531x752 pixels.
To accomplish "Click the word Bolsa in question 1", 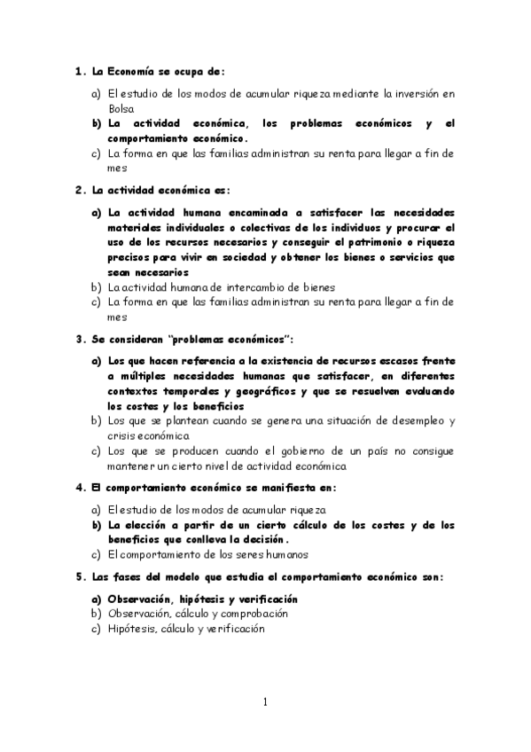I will pos(121,108).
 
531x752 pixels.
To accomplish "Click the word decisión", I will pos(289,539).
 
